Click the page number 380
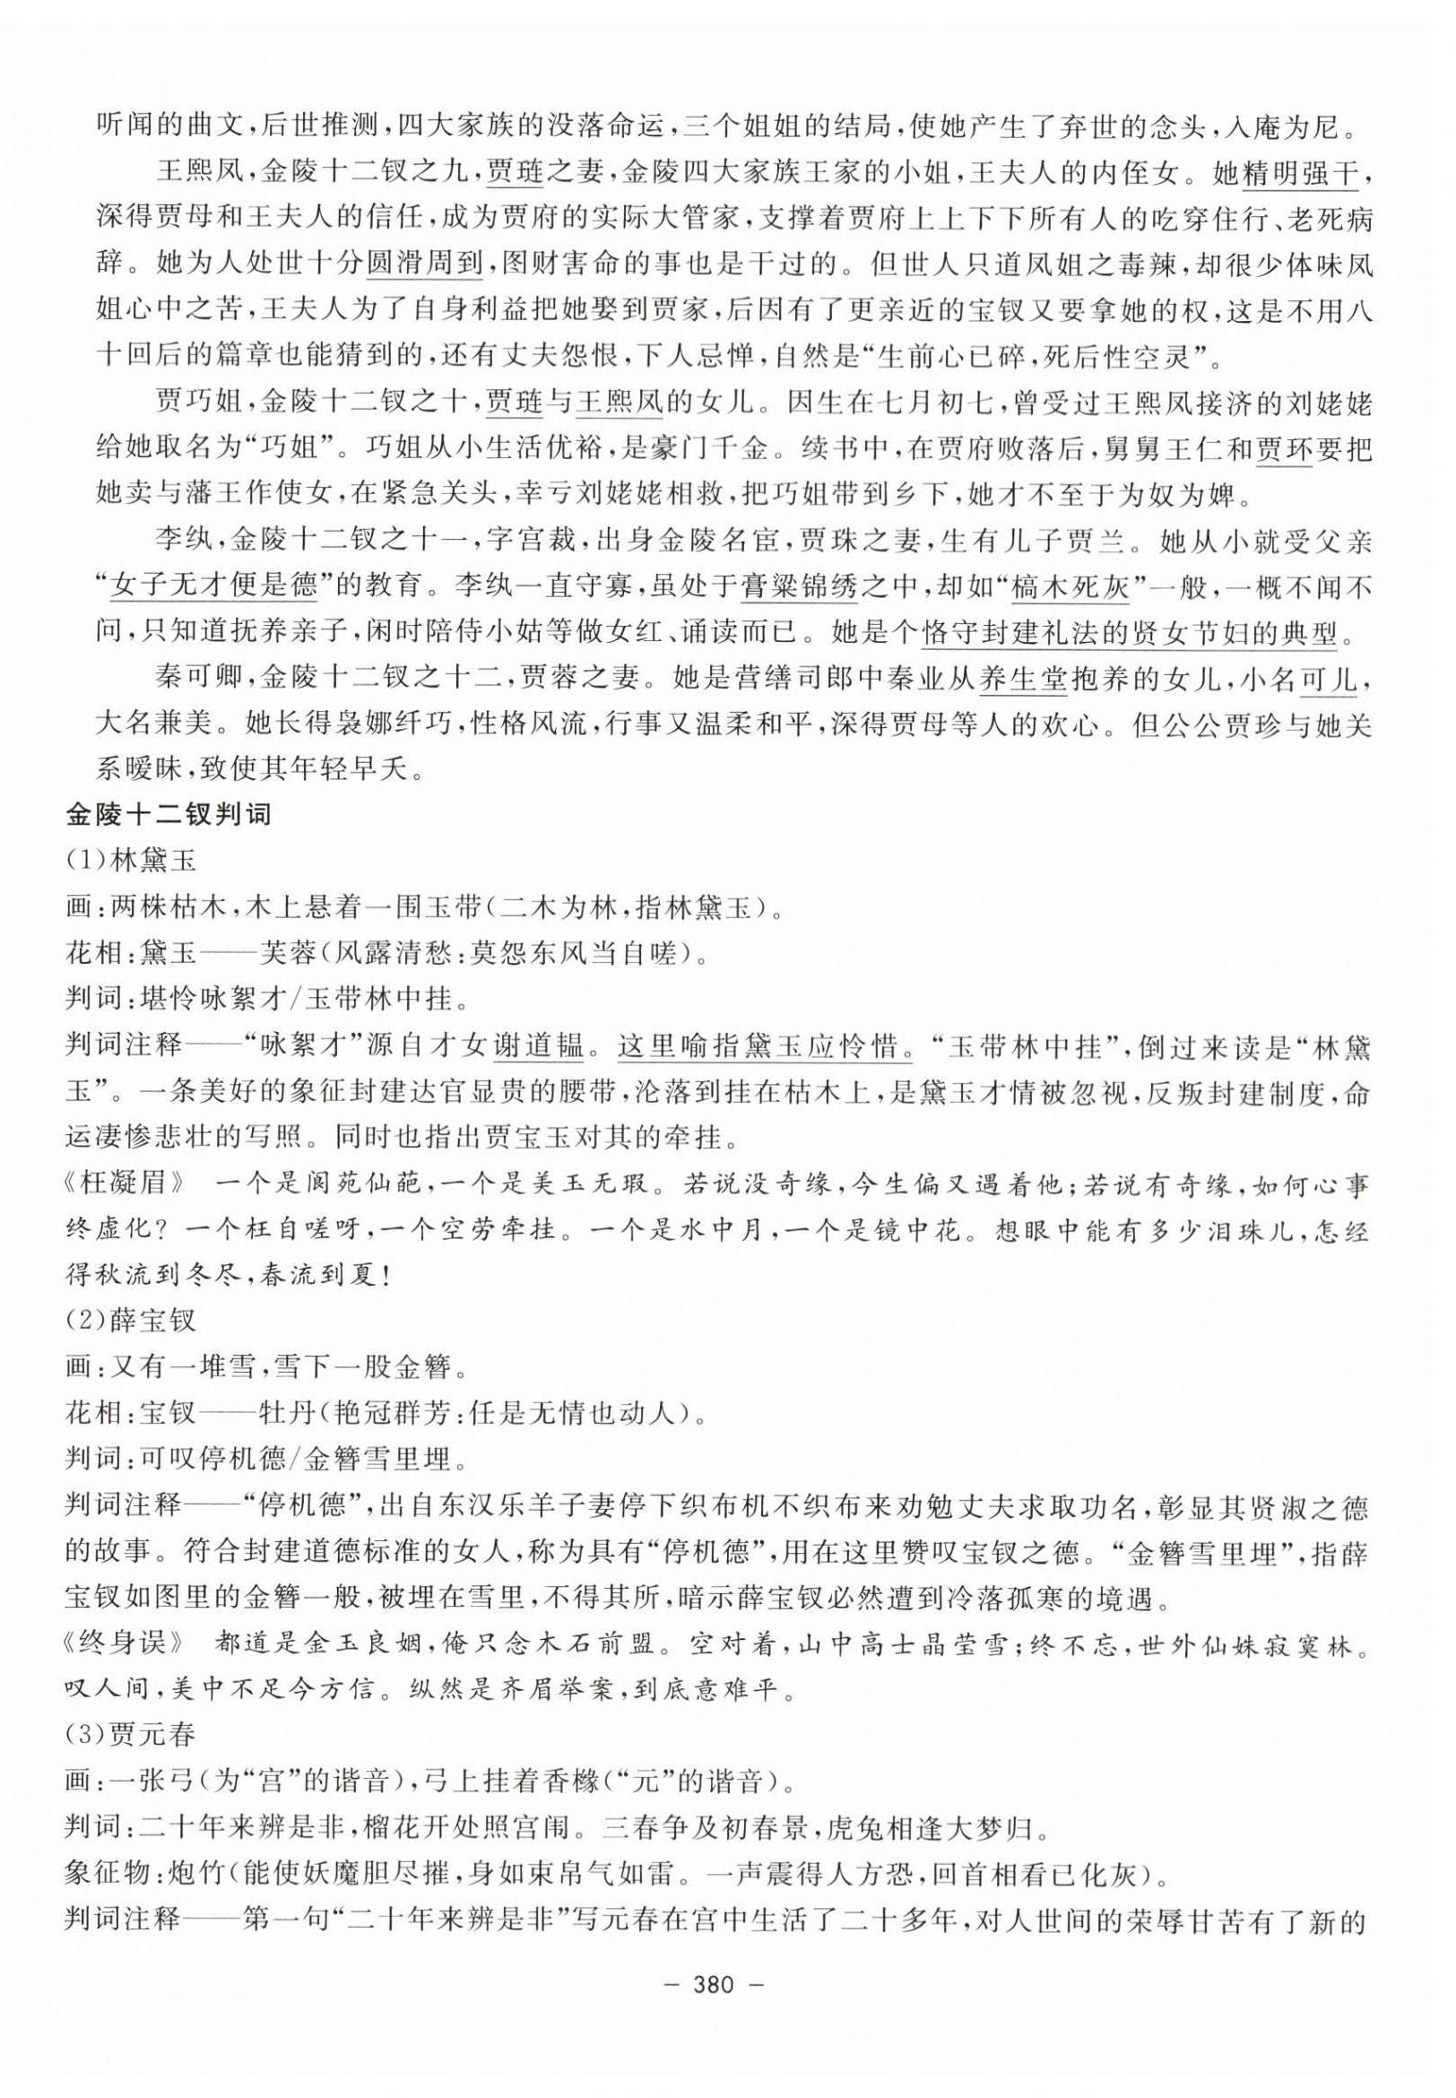728,1987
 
